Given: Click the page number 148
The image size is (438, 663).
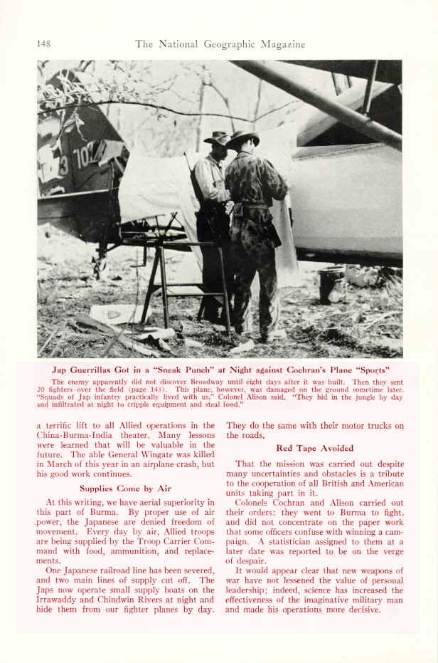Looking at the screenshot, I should pos(43,44).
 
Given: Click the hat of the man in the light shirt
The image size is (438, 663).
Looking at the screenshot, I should pos(217,137).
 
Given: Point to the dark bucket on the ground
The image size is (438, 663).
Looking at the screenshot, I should pos(329,284).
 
